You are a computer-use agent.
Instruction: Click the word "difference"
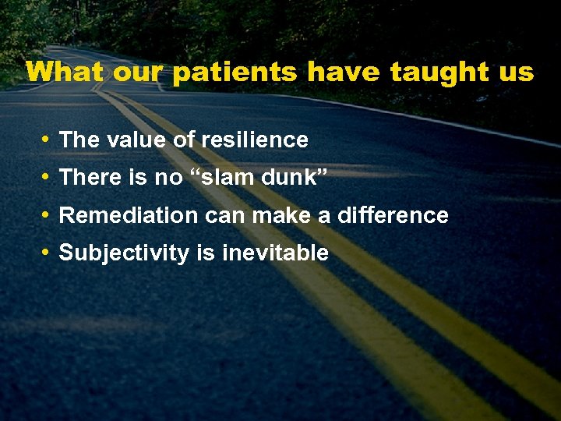[x=393, y=215]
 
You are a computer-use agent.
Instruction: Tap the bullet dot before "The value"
[x=47, y=140]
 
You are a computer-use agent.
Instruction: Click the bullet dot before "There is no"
[x=47, y=178]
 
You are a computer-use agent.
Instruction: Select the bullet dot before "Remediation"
[x=47, y=215]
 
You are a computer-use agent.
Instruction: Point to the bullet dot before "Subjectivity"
[x=47, y=253]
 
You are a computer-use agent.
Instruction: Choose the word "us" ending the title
[x=516, y=73]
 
